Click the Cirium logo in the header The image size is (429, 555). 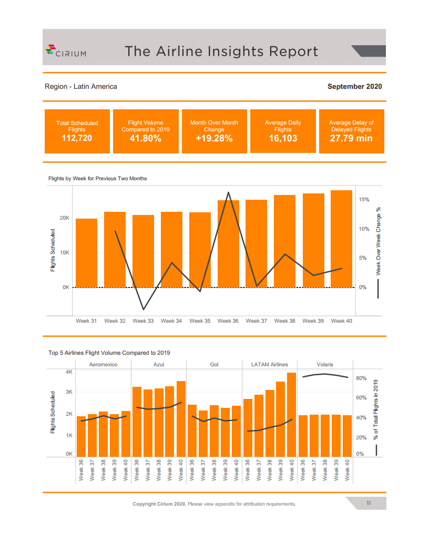tap(66, 51)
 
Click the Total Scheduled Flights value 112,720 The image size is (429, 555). tap(77, 139)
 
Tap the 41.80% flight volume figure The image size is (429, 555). tap(145, 139)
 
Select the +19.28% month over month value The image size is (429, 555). tap(214, 139)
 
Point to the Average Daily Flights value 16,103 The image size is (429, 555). tap(283, 139)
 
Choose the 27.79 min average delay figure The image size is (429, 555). tap(351, 139)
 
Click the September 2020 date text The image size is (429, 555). tap(354, 86)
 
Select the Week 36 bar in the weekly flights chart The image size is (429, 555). tap(228, 244)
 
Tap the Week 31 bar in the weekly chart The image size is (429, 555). tap(86, 253)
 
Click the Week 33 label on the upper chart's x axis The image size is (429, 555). tap(143, 321)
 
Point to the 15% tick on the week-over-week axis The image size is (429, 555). tap(364, 200)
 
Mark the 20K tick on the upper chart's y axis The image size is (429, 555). tap(64, 218)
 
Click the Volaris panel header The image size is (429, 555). tap(325, 364)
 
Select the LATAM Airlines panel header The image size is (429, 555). tap(270, 364)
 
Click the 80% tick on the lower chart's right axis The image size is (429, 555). tap(361, 378)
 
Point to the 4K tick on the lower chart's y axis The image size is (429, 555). tap(69, 372)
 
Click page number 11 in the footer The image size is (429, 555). tap(369, 503)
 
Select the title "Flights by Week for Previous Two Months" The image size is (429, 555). tap(98, 179)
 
